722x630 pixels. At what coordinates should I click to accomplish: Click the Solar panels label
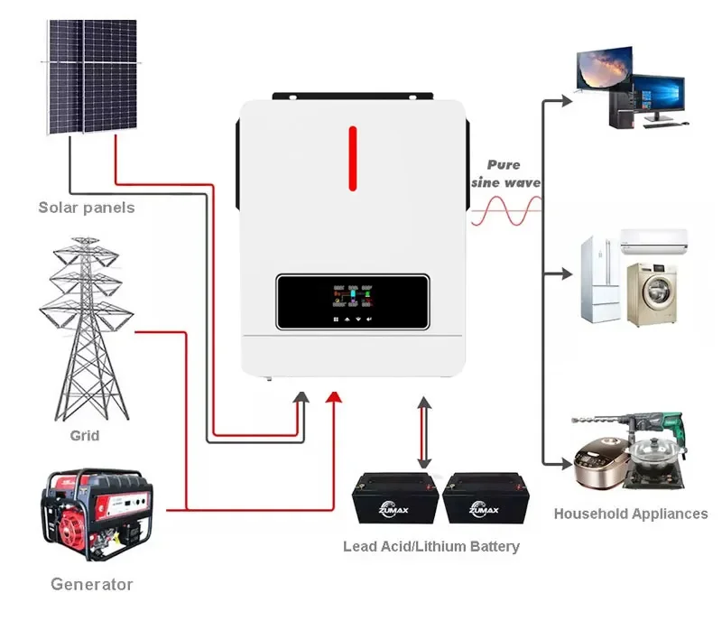click(x=87, y=208)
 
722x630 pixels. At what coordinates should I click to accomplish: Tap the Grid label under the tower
click(x=85, y=436)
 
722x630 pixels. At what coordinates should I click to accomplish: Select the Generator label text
click(x=91, y=584)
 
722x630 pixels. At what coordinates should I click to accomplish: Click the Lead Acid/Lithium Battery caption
click(x=431, y=546)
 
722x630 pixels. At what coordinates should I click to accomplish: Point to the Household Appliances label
click(x=631, y=514)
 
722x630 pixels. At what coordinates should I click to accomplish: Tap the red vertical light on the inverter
click(x=353, y=160)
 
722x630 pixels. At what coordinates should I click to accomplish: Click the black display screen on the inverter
click(x=353, y=302)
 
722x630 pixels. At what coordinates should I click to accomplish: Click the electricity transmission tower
click(x=86, y=329)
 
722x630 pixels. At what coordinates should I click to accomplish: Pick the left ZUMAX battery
click(x=394, y=499)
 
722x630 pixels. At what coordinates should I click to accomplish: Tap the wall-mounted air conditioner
click(x=653, y=239)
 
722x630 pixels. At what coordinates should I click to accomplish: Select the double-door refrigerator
click(x=598, y=280)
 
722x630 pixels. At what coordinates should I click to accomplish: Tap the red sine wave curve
click(x=505, y=211)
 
